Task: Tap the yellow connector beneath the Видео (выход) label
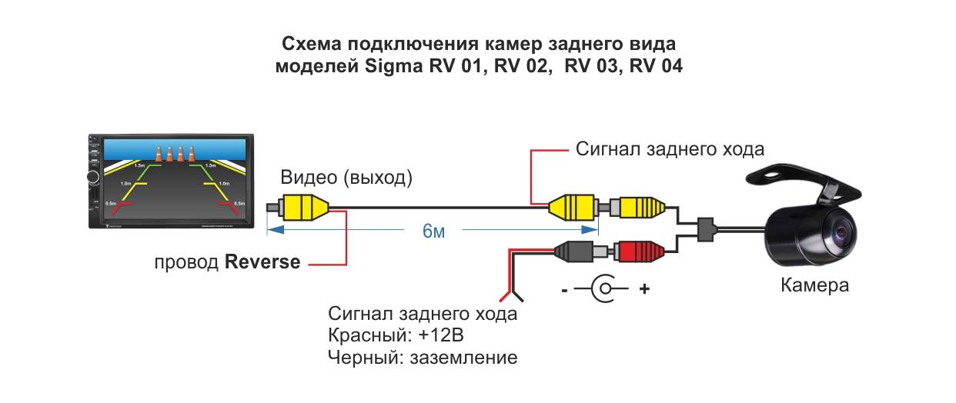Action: coord(303,207)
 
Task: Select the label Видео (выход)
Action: coord(346,178)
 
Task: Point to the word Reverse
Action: coord(262,261)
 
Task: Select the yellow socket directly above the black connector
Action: coord(573,207)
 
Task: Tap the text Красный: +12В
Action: coord(396,336)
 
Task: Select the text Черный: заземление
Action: coord(423,358)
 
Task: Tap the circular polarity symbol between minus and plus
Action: coord(606,290)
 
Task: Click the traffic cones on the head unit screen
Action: coord(173,153)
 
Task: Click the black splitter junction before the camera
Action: coord(706,228)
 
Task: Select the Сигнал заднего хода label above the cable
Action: coord(670,148)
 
